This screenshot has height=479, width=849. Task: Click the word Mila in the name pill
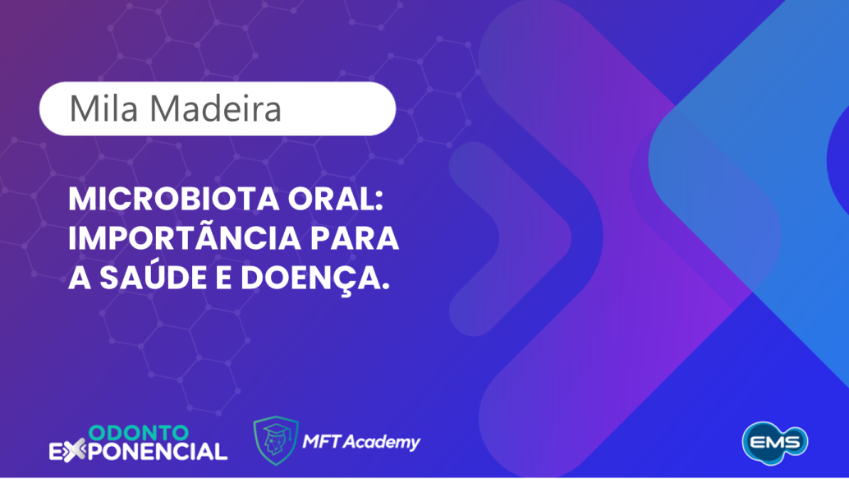[x=96, y=108]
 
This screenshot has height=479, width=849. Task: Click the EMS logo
[x=775, y=441]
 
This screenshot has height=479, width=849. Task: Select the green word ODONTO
[x=137, y=432]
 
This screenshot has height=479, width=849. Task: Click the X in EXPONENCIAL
[x=73, y=450]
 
